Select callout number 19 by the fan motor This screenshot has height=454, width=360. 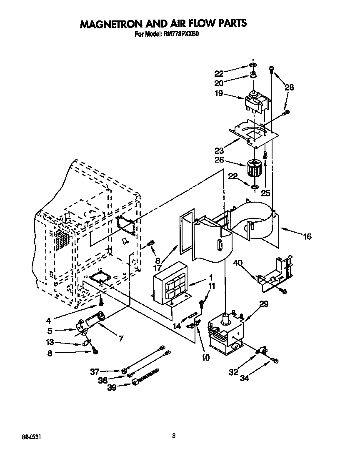[x=219, y=94]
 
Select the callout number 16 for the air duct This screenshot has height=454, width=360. [x=307, y=236]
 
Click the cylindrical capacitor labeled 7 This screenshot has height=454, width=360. [x=96, y=321]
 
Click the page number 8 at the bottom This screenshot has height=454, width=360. [x=174, y=436]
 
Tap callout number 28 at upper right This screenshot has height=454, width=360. [x=289, y=88]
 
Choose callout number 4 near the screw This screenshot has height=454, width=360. [x=49, y=321]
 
